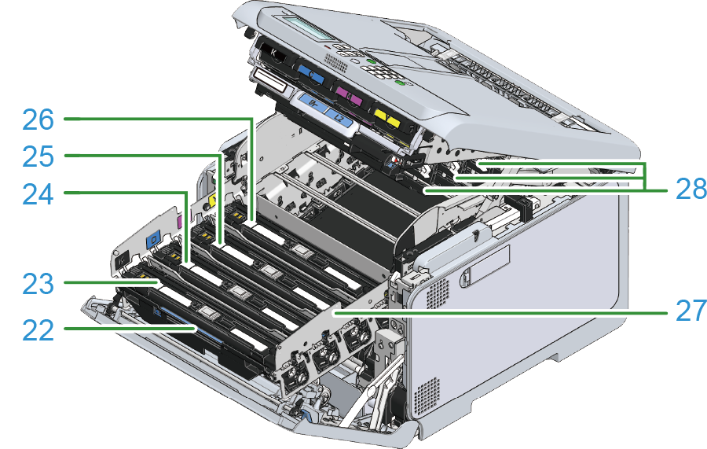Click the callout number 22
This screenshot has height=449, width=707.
38,330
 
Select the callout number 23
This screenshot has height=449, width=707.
38,285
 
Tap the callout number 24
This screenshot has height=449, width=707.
38,195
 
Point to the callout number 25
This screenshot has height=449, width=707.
38,157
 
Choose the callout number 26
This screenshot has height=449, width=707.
38,120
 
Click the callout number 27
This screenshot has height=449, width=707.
691,311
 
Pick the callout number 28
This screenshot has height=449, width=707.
691,189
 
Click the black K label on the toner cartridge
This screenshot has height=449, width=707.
273,54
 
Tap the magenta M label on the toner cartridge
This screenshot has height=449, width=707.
349,96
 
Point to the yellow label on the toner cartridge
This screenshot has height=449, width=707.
387,117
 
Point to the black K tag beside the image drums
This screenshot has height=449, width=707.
121,260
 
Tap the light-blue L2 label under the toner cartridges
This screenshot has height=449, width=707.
340,116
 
